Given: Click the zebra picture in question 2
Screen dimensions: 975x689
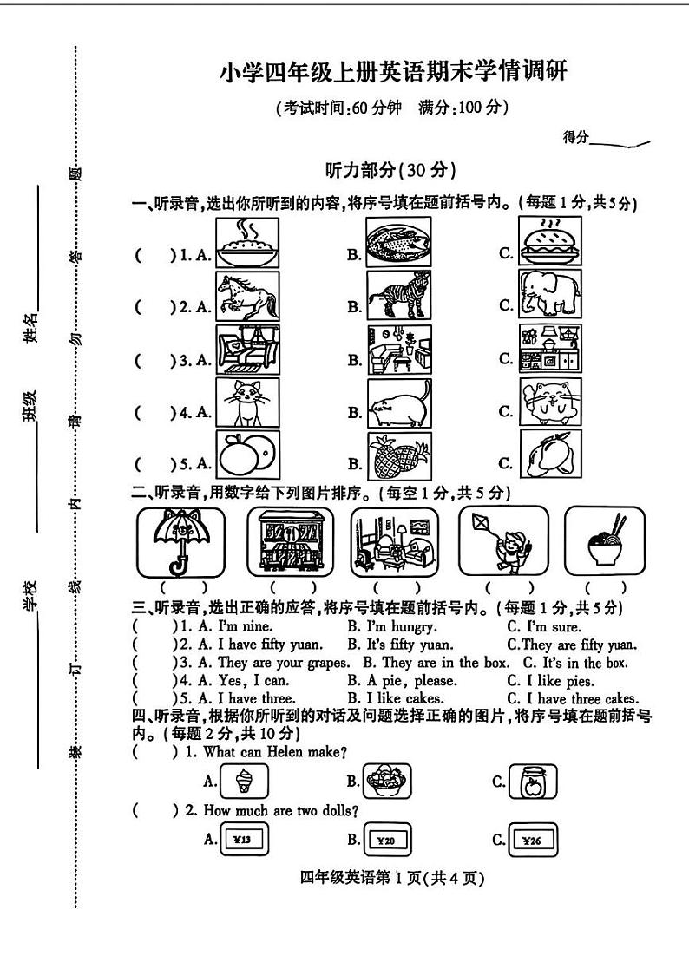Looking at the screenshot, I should click(x=398, y=296).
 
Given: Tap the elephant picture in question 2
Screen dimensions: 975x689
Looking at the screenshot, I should click(x=550, y=295).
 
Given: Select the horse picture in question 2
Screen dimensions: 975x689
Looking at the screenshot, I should click(x=247, y=296).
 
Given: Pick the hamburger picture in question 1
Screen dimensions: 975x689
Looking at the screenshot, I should click(x=550, y=241).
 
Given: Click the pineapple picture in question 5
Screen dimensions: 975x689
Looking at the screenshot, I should click(x=398, y=456).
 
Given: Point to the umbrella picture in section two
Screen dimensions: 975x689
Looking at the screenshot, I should click(x=180, y=541).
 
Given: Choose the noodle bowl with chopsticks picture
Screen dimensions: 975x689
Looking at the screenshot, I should click(x=605, y=541).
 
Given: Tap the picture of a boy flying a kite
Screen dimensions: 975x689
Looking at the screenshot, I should click(x=503, y=541).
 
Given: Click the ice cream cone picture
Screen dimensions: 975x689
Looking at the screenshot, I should click(x=244, y=781).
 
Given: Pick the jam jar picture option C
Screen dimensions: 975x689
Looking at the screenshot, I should click(x=532, y=781).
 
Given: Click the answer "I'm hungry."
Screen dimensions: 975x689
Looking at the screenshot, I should click(x=392, y=626).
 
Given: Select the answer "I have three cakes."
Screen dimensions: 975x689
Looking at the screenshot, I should click(x=573, y=698).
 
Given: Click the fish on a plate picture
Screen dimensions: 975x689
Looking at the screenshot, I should click(x=398, y=241).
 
